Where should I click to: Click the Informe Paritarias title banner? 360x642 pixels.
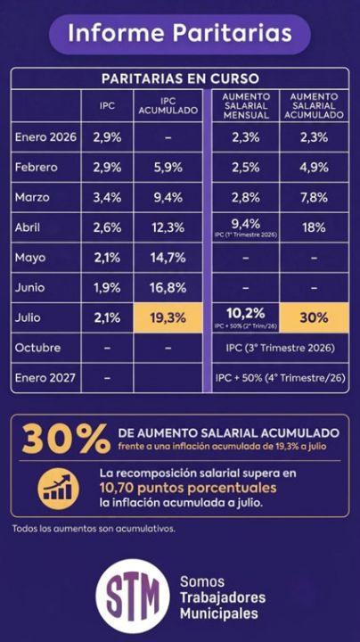(180, 34)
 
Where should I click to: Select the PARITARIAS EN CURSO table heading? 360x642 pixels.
(180, 78)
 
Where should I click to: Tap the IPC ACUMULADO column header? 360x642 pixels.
(168, 105)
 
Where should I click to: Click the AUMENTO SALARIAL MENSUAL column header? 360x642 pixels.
(246, 106)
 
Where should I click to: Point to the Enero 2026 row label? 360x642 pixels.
(45, 136)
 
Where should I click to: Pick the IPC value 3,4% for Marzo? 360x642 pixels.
(107, 197)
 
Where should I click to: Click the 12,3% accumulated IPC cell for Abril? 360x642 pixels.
(168, 227)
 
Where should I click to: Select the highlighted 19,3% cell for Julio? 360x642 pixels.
(168, 317)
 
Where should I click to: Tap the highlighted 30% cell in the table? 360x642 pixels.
(314, 317)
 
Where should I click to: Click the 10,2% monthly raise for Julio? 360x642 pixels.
(246, 314)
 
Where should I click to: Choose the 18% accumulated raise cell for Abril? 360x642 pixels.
(314, 227)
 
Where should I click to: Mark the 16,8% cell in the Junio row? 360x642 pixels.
(168, 288)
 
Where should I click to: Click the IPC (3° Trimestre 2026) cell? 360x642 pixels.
(281, 348)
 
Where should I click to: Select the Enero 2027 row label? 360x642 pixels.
(45, 377)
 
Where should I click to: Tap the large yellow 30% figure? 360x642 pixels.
(66, 440)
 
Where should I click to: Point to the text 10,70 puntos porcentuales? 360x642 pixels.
(188, 488)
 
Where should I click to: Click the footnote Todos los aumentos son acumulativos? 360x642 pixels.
(94, 529)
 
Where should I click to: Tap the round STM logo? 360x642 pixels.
(133, 596)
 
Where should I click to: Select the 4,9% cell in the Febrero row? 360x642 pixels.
(314, 167)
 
